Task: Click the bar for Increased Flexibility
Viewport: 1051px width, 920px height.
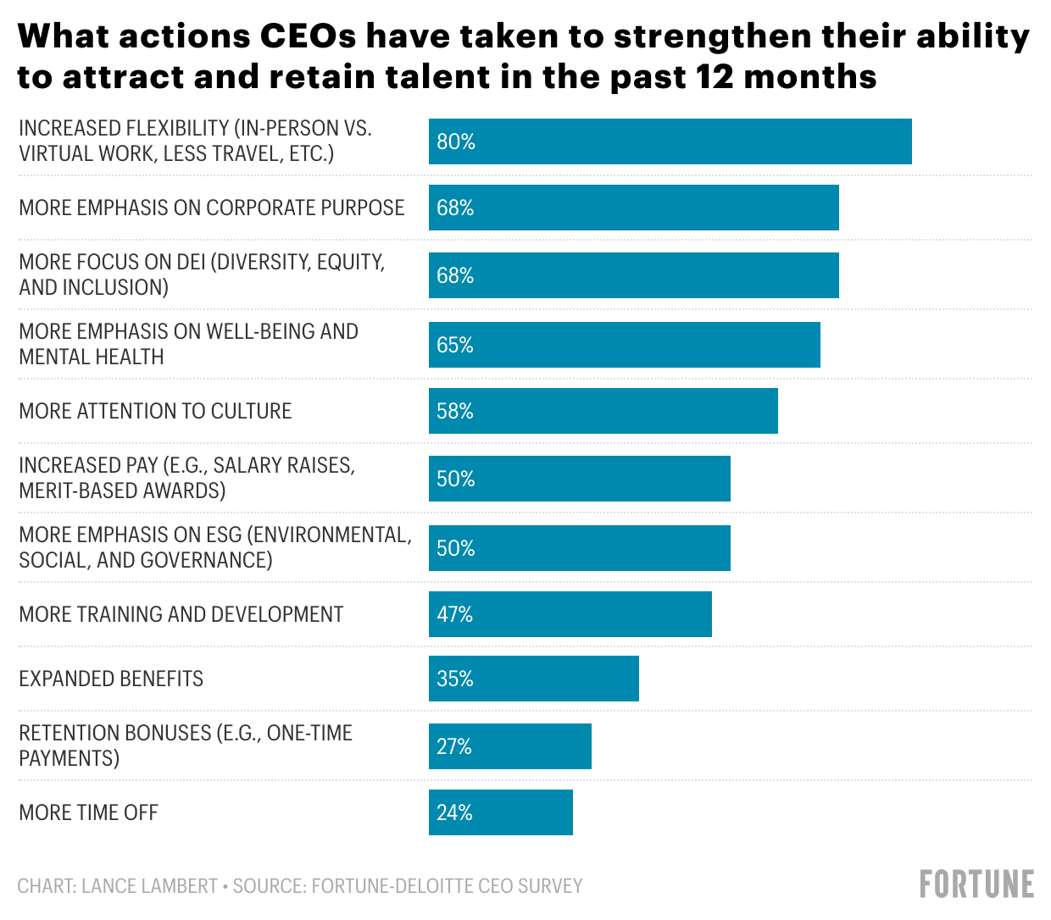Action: coord(670,141)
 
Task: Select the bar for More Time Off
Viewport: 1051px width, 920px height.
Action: coord(501,812)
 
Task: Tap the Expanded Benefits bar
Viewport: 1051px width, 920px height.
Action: coord(534,679)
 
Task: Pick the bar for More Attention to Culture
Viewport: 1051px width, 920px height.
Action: coord(603,411)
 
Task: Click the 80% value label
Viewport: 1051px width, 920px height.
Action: coord(456,141)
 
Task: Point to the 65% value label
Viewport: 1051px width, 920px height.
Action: coord(454,345)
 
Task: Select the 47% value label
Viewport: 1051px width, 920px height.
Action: coord(454,614)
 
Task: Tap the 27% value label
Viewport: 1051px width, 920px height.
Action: coord(454,746)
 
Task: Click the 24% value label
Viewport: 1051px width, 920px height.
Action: coord(454,812)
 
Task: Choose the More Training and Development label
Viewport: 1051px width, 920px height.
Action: coord(181,614)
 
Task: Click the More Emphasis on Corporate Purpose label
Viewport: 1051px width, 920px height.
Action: coord(212,208)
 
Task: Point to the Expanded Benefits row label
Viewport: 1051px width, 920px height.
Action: coord(111,679)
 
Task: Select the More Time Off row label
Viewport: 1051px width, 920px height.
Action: coord(88,812)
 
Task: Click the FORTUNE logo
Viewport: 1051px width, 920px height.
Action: coord(976,884)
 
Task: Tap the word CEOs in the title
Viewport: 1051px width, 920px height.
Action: coord(307,36)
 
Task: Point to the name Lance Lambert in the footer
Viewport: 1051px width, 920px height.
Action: coord(149,885)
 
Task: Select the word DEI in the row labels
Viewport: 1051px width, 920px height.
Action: coord(191,262)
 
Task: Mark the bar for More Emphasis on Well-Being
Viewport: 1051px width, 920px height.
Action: coord(624,345)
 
